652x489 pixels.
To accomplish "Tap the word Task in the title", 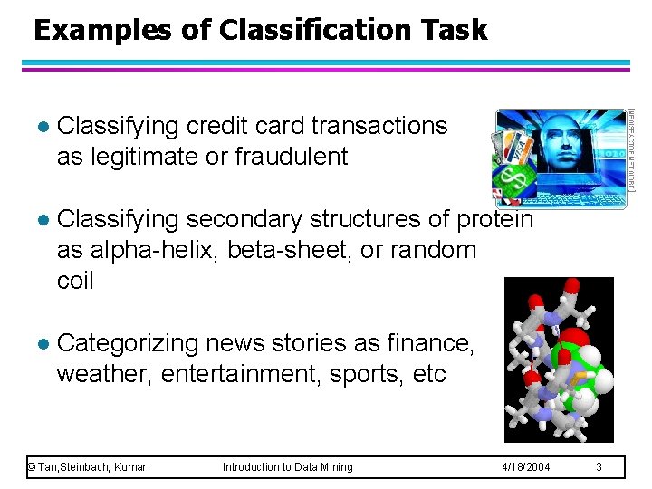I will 455,30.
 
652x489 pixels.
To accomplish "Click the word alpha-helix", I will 143,250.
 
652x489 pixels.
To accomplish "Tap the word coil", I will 75,281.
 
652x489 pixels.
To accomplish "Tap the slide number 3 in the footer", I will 599,467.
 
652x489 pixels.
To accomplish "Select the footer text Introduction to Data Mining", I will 288,467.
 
